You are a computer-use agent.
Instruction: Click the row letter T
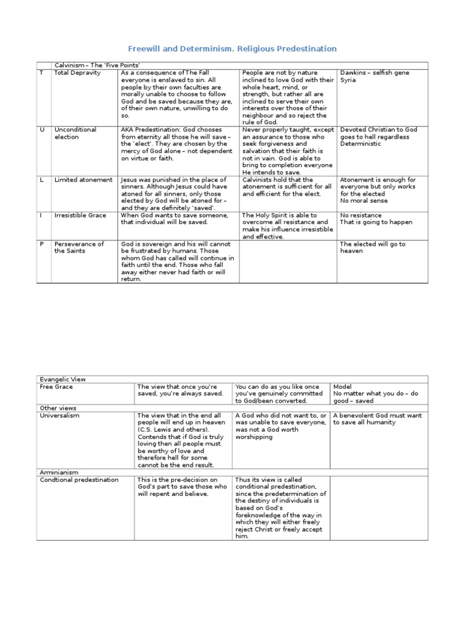click(41, 73)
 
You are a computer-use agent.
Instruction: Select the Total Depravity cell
click(77, 73)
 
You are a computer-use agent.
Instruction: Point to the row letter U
click(41, 130)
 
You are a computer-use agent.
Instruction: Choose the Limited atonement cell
click(83, 180)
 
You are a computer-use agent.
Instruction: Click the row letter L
click(41, 180)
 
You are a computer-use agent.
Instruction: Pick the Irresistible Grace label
click(80, 215)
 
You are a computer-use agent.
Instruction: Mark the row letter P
click(41, 244)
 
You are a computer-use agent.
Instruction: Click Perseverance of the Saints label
click(79, 248)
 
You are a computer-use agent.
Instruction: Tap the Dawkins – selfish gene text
click(375, 73)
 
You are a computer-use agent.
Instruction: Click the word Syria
click(348, 80)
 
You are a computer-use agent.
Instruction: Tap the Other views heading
click(59, 408)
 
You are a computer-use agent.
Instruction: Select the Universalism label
click(59, 415)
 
